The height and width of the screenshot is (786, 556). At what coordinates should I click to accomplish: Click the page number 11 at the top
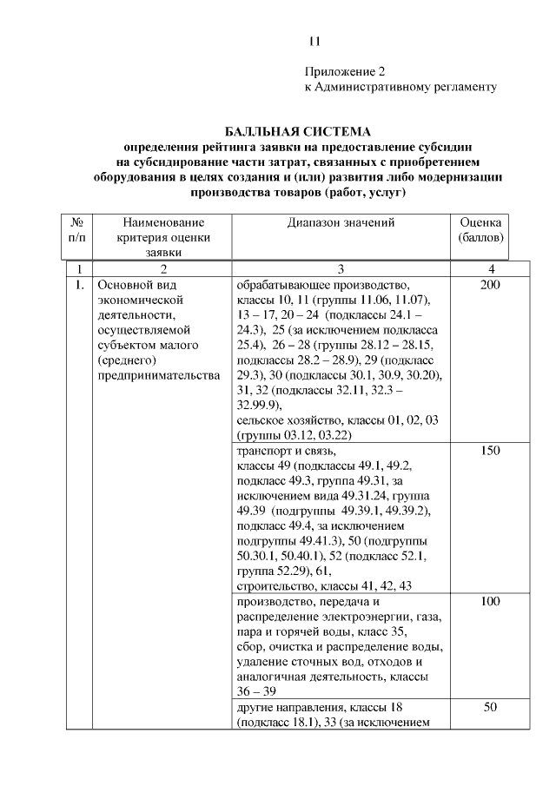pos(315,41)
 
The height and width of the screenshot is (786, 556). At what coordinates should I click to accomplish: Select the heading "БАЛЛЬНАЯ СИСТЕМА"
pos(298,131)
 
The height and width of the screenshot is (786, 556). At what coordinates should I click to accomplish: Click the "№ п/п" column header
pos(76,230)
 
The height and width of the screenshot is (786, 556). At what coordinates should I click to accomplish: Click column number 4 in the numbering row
pos(492,268)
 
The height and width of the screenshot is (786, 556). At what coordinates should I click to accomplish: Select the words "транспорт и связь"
pos(285,452)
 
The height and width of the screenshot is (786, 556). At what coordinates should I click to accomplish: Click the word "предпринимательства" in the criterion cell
pos(159,375)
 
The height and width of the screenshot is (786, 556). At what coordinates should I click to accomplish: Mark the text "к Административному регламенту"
pos(400,87)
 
